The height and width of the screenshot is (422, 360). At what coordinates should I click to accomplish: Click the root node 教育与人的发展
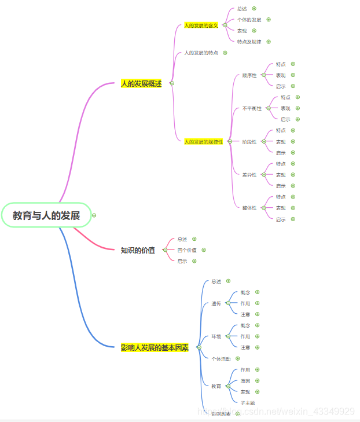[x=46, y=215]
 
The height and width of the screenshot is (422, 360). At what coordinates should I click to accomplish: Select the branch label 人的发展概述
[x=141, y=83]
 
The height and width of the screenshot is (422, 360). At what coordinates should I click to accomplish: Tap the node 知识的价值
[x=138, y=250]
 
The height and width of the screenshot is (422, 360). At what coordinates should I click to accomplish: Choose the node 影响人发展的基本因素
[x=155, y=347]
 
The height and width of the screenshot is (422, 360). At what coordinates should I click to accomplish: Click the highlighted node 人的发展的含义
[x=201, y=25]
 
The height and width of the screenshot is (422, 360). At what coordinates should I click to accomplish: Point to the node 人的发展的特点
[x=201, y=53]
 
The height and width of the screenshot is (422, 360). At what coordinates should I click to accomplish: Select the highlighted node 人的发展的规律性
[x=203, y=141]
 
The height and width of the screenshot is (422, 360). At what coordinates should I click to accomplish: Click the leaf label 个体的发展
[x=249, y=20]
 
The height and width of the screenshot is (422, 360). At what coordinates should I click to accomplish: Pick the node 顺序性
[x=249, y=75]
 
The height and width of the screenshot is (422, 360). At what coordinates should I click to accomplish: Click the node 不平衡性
[x=252, y=108]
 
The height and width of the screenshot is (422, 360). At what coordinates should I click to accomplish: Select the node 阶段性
[x=249, y=142]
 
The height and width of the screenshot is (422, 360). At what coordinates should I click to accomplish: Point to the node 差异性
[x=249, y=175]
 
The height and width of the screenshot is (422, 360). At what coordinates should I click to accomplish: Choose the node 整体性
[x=249, y=208]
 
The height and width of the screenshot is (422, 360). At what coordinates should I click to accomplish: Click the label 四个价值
[x=187, y=250]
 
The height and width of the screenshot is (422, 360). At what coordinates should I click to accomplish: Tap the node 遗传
[x=216, y=303]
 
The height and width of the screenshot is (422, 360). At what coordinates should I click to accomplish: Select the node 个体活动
[x=221, y=359]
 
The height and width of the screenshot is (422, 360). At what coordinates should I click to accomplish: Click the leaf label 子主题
[x=248, y=403]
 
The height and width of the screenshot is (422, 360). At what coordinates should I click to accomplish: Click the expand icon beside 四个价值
[x=204, y=250]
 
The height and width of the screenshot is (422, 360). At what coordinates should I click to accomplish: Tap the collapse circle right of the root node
[x=94, y=215]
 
